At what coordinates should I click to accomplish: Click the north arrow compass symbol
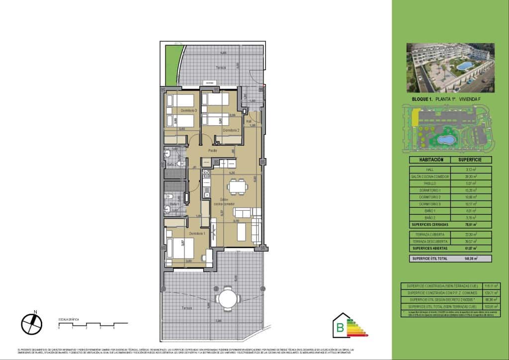pos(32,324)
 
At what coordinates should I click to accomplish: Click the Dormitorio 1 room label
pos(197,233)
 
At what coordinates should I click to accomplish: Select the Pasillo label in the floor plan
pos(213,150)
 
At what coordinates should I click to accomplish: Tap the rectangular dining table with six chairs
pos(237,187)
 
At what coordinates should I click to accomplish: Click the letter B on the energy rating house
pos(340,327)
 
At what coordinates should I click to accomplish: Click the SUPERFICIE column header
pos(471,160)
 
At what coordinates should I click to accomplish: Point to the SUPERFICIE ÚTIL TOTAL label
pos(429,259)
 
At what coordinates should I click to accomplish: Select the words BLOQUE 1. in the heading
pos(422,100)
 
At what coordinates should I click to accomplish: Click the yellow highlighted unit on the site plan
pos(415,118)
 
